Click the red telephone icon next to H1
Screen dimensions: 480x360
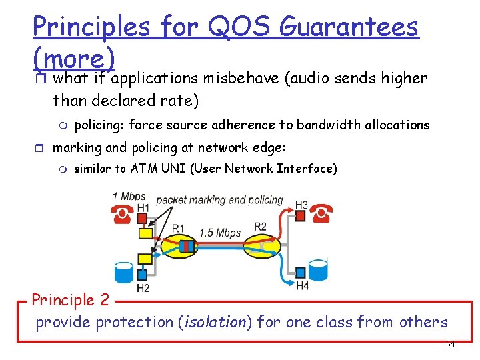tap(123, 215)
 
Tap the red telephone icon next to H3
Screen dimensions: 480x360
tap(323, 214)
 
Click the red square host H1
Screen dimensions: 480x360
tap(143, 217)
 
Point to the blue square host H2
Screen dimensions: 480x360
tap(143, 274)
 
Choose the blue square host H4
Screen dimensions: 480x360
tap(301, 272)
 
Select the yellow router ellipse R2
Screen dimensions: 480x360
tap(262, 244)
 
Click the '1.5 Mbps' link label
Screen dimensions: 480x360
tap(220, 233)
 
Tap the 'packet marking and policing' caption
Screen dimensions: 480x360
tap(219, 199)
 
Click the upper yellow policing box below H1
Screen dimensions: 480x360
tap(145, 233)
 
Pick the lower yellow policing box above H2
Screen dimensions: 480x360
tap(144, 258)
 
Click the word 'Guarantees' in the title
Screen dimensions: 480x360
tap(349, 27)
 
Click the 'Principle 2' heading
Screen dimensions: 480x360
tap(71, 299)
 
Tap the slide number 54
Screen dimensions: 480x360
tap(450, 344)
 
